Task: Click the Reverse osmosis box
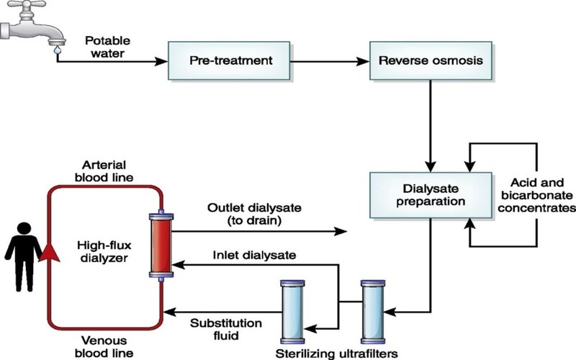(431, 60)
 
